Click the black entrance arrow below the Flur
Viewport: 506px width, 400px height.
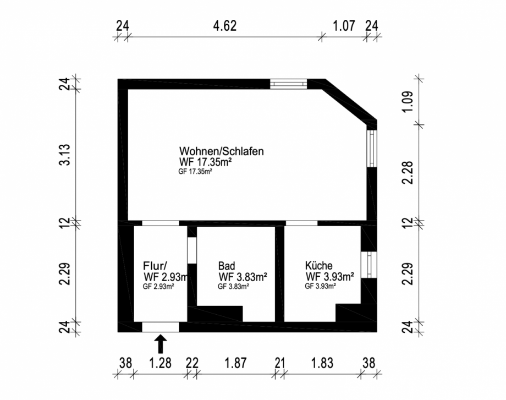point(161,344)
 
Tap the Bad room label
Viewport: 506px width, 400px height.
point(226,265)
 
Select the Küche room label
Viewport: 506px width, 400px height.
point(319,265)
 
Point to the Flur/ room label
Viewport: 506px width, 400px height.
point(155,264)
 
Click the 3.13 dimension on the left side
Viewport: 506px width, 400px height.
point(65,155)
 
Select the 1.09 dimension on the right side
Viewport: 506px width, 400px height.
point(407,102)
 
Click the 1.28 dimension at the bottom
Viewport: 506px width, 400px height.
point(161,363)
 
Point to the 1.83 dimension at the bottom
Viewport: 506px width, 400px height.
point(323,363)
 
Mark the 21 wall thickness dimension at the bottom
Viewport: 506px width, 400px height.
point(279,363)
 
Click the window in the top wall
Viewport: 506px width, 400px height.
point(288,84)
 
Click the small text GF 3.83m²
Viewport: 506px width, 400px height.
point(234,286)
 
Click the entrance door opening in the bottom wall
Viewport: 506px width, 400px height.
point(161,327)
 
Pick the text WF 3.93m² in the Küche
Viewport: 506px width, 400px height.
point(329,276)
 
